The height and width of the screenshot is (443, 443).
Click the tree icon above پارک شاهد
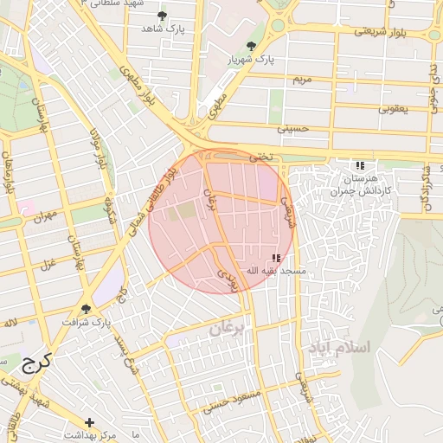[162, 15]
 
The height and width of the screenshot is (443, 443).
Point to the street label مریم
[300, 79]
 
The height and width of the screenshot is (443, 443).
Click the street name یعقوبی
[390, 109]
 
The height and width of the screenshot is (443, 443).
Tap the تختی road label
[260, 157]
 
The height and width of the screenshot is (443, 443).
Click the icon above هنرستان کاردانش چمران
[360, 165]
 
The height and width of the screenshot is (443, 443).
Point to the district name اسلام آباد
[338, 347]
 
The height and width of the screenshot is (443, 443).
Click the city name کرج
[35, 363]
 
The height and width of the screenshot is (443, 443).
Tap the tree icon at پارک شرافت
[86, 308]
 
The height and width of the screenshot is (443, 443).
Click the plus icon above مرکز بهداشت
[90, 421]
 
